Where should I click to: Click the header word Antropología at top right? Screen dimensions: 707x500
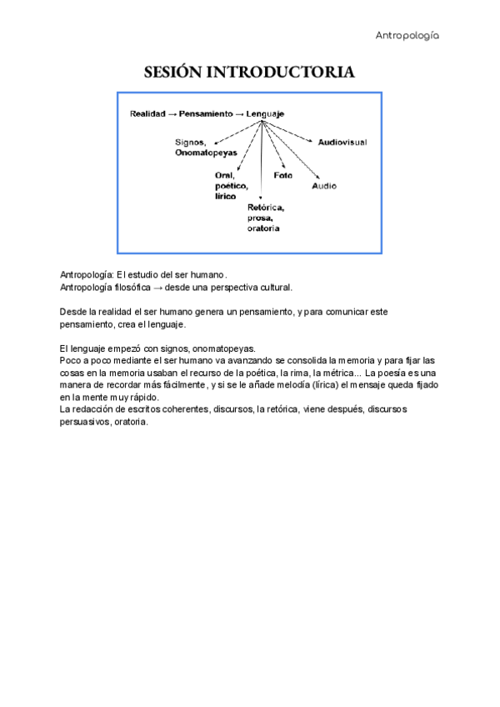(407, 35)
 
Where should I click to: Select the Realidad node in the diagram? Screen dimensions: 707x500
(147, 113)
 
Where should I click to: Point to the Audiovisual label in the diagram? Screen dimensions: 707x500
(342, 143)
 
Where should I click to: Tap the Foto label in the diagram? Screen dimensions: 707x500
(282, 175)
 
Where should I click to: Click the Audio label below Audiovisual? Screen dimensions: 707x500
(324, 186)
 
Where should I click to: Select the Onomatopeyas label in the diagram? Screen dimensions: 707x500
(206, 153)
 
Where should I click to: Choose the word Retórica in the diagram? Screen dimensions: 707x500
(266, 207)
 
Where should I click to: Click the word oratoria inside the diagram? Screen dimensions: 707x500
(263, 228)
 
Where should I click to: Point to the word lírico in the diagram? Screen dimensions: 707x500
(226, 196)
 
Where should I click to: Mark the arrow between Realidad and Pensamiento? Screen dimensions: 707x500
(172, 113)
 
